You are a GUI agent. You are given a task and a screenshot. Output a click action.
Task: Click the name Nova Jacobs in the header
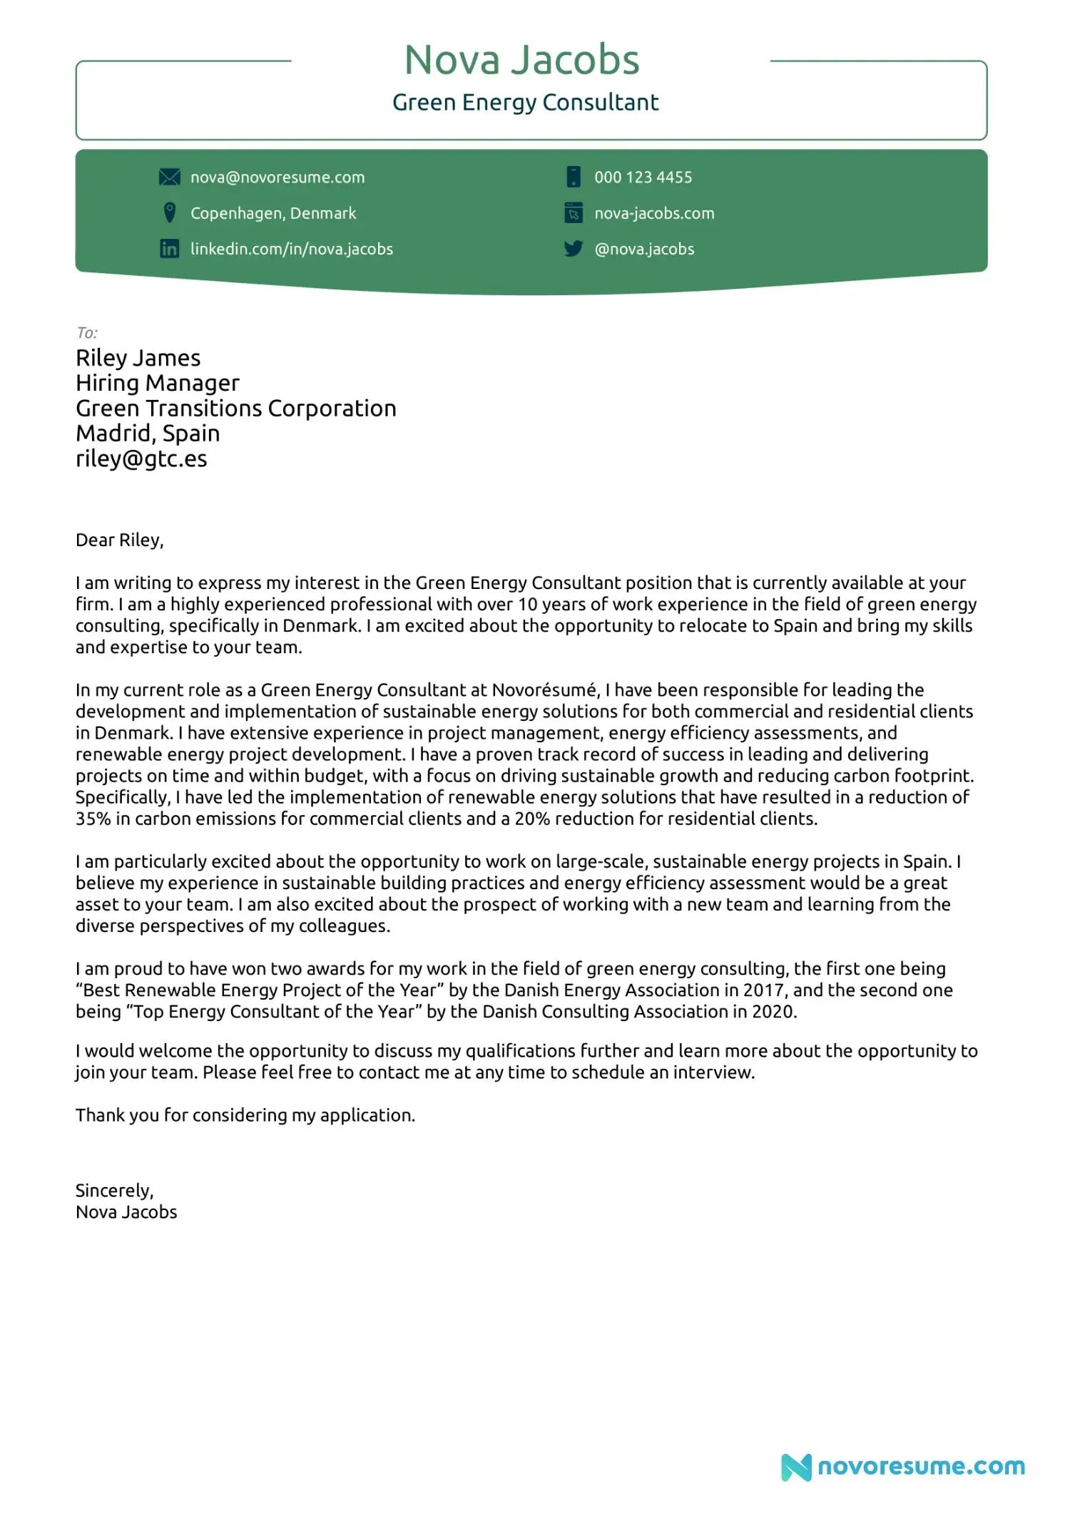[521, 60]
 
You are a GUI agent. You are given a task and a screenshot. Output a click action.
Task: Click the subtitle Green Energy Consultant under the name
[525, 103]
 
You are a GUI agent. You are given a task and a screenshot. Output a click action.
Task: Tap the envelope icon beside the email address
[169, 177]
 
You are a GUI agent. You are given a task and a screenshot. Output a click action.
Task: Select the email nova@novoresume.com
[277, 178]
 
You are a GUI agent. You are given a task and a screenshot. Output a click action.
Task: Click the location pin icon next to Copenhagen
[169, 212]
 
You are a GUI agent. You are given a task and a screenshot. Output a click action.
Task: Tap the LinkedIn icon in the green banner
[169, 249]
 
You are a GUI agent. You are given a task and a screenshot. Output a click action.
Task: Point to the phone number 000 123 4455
[643, 178]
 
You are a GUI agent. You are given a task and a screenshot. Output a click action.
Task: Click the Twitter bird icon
[574, 249]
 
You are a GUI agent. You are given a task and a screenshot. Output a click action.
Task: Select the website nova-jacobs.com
[654, 213]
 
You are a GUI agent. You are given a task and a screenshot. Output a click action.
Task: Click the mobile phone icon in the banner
[574, 177]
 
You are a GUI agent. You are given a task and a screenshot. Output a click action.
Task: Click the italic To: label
[87, 333]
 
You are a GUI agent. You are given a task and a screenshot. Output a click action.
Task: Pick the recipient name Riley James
[138, 358]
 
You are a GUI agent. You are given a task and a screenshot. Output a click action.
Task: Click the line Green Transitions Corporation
[236, 409]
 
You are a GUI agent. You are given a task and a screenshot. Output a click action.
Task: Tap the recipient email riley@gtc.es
[141, 458]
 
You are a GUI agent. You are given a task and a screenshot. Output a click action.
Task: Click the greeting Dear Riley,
[120, 540]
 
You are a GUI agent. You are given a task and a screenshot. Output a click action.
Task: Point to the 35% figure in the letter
[93, 819]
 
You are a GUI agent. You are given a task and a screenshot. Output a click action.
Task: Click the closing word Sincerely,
[115, 1191]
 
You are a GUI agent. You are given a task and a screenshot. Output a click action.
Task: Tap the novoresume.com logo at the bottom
[903, 1467]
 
